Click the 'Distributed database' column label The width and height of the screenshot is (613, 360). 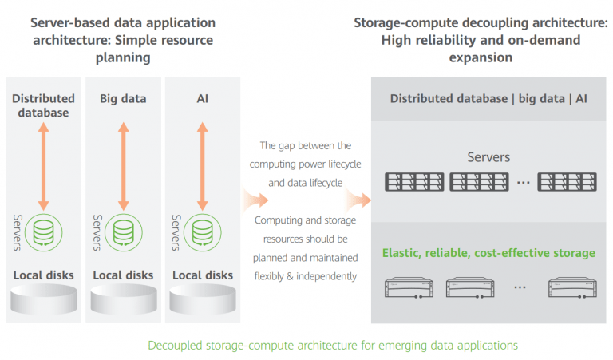[x=43, y=105]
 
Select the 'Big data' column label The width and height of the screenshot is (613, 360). [x=122, y=98]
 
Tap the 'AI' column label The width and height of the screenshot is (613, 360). [x=202, y=98]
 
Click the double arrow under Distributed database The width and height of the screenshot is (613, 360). [x=44, y=167]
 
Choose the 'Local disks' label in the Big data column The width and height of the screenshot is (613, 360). [x=123, y=275]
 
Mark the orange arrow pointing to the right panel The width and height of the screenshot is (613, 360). [x=359, y=199]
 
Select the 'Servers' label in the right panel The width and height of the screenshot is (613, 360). [x=488, y=157]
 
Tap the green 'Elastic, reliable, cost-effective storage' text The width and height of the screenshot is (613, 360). [x=488, y=253]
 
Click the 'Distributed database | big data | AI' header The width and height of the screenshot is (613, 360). [x=488, y=99]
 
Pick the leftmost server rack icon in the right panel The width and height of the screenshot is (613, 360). [x=415, y=182]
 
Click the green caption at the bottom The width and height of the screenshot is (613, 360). [x=333, y=345]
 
